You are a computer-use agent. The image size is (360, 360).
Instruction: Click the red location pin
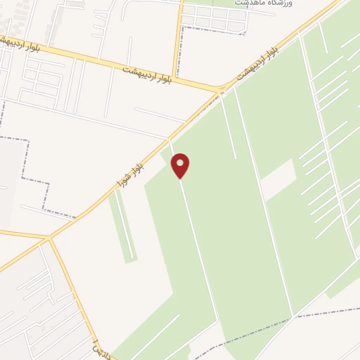coord(180,165)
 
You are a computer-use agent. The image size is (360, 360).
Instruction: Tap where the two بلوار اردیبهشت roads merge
coord(221,90)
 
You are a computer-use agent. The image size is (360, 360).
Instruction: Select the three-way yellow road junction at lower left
coord(49,239)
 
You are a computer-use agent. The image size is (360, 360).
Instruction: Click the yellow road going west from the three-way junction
coord(21,234)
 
